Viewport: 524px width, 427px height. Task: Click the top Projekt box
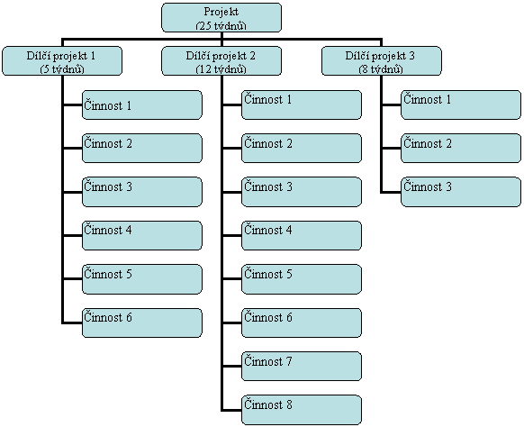point(221,18)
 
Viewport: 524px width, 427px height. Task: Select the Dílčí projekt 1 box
point(62,61)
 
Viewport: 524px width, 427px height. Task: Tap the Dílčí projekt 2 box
point(221,61)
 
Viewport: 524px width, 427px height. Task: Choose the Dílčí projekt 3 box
point(382,61)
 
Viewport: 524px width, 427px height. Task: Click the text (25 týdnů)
point(221,26)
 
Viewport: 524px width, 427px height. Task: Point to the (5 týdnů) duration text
point(62,69)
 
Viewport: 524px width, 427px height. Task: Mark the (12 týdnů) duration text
point(221,69)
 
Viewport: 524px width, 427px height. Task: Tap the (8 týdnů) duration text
point(381,69)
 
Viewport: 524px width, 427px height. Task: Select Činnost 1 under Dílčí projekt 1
point(142,104)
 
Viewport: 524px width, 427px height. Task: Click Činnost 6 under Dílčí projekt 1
point(142,323)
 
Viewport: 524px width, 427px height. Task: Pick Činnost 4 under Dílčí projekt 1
point(142,235)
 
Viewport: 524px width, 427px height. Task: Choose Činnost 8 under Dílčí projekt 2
point(302,410)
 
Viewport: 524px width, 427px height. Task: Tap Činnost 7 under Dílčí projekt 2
point(302,366)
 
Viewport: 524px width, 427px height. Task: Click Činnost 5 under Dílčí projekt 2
point(302,279)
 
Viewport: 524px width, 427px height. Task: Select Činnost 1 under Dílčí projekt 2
point(302,104)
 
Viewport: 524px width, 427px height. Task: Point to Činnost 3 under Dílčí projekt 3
point(461,192)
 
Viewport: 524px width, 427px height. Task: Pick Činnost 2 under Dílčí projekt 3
point(461,148)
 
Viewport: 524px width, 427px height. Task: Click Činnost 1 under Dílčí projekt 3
point(461,104)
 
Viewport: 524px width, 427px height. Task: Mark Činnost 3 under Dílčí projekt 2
point(302,192)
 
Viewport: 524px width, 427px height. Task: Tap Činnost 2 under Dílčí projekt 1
point(142,148)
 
